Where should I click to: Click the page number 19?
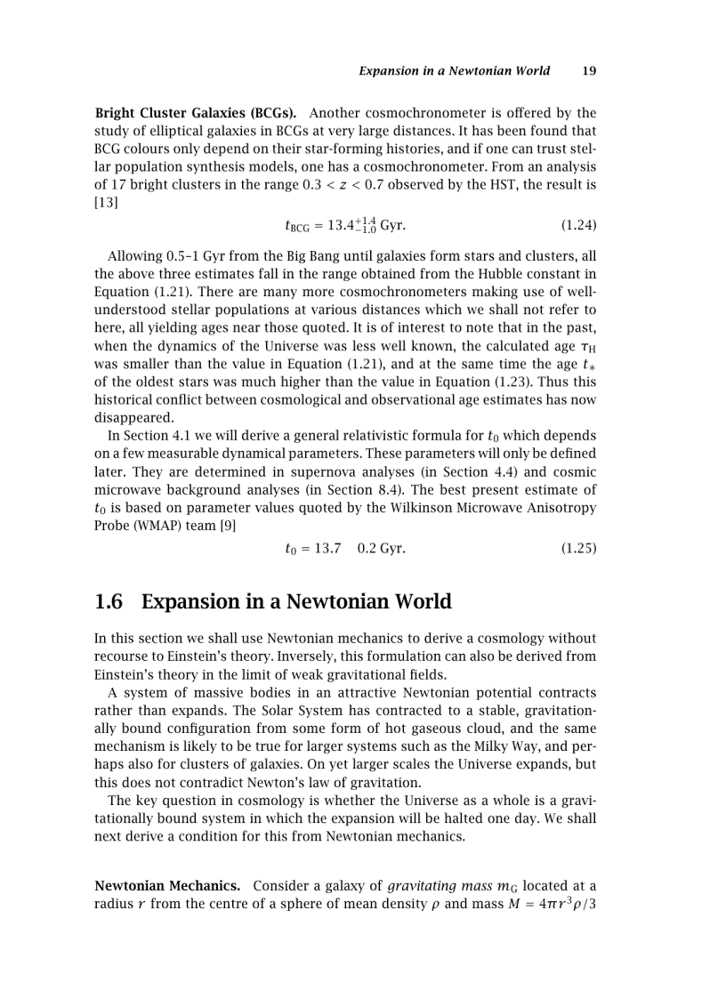point(588,71)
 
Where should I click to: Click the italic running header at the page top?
point(454,71)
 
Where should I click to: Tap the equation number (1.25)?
point(578,549)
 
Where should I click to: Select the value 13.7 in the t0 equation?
point(324,549)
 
